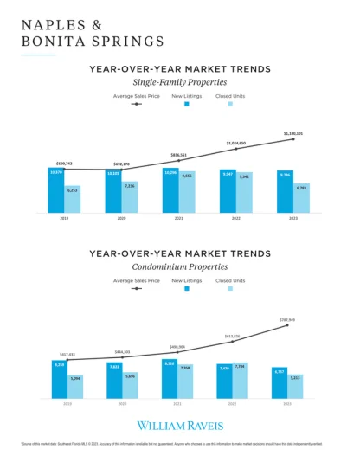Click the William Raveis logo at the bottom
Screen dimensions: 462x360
180,426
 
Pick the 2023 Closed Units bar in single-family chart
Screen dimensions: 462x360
301,198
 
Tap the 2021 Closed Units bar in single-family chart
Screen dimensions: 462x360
187,192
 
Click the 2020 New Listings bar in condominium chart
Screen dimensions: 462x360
114,381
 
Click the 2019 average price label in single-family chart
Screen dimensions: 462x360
65,163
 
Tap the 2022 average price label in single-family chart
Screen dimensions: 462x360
236,144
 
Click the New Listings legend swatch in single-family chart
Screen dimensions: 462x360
186,103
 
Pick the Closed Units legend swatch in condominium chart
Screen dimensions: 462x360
229,289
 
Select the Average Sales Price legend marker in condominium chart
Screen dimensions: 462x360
136,289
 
